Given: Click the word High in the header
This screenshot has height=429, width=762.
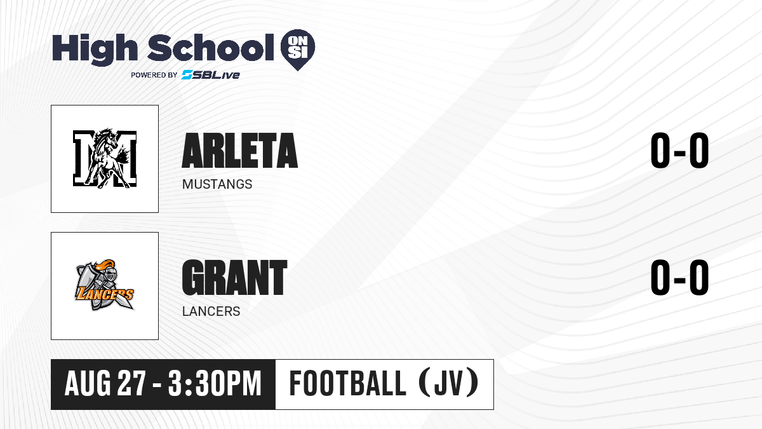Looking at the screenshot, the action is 95,50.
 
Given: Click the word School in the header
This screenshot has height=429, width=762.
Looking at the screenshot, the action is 211,48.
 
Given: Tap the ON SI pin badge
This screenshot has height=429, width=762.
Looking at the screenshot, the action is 298,50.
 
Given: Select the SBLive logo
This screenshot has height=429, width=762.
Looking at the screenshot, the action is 210,75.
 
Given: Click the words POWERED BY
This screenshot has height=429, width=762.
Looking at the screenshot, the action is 154,75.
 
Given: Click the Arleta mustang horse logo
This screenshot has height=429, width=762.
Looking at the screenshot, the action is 105,159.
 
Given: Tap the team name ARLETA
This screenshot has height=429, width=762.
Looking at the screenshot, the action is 240,151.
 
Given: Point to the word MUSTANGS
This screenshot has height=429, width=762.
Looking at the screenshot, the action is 217,184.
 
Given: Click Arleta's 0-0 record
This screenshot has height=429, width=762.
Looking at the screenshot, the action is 679,151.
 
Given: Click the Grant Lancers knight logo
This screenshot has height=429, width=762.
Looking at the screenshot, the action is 105,285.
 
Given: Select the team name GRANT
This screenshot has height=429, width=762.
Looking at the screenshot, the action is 235,278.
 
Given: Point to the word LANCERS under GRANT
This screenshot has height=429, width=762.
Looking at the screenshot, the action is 211,311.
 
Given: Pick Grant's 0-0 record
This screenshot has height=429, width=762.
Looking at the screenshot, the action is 679,278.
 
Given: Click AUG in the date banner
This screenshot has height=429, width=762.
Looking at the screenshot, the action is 88,383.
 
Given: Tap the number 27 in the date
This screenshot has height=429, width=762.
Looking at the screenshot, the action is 131,383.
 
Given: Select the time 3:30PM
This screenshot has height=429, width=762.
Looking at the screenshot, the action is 215,383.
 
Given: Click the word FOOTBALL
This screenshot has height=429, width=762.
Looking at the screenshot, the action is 347,383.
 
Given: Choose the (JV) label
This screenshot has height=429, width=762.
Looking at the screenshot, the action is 449,383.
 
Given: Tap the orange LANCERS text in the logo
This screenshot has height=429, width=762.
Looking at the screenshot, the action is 104,294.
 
